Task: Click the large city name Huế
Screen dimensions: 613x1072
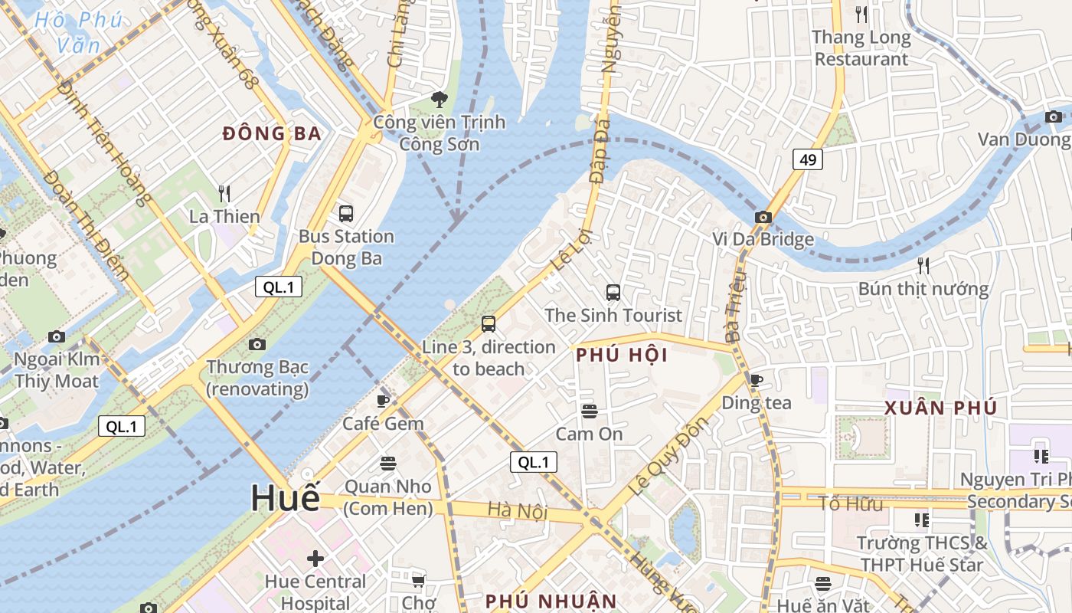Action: point(286,498)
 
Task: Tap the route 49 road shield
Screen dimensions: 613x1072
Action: point(808,159)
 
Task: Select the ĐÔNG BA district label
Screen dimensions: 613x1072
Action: point(272,134)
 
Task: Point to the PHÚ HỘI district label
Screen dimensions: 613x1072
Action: point(621,356)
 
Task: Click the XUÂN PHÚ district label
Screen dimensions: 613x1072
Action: point(940,408)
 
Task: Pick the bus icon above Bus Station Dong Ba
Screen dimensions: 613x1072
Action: point(346,213)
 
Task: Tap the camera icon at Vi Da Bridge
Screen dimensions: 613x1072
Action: point(763,217)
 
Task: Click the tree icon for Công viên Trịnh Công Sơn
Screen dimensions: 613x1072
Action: point(440,99)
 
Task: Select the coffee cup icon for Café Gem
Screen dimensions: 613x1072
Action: point(384,400)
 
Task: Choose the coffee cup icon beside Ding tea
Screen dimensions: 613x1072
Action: point(757,380)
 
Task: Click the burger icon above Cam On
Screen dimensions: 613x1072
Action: point(589,411)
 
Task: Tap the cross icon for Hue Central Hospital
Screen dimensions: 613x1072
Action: point(315,558)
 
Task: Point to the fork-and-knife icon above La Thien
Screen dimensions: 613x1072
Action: point(224,193)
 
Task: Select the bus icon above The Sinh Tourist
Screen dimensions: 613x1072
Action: point(613,292)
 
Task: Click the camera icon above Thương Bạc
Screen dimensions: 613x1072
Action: point(257,344)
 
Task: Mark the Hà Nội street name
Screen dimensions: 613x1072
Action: point(518,510)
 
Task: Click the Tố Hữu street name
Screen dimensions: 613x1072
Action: point(851,503)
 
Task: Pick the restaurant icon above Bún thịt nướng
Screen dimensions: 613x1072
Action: point(923,266)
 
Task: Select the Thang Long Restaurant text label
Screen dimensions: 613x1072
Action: point(861,48)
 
